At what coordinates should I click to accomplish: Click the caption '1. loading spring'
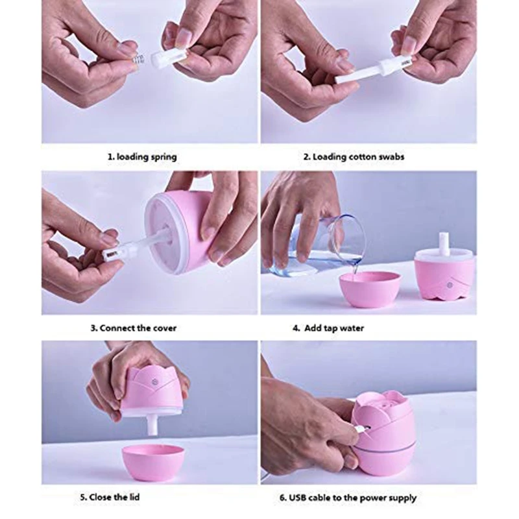141,157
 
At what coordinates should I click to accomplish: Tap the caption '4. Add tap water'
328,328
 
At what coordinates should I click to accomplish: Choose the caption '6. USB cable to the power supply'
348,498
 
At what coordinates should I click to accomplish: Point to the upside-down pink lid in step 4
444,276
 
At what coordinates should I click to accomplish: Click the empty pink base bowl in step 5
152,461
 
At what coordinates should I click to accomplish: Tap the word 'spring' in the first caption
162,157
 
